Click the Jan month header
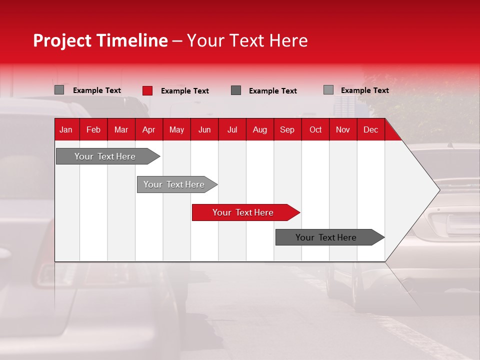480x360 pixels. pos(66,130)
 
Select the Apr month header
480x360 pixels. pos(148,130)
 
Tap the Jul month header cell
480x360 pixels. pos(232,130)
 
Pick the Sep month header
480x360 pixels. pos(287,130)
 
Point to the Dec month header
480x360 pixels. pos(370,130)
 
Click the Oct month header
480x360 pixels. pos(315,130)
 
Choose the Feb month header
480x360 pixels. pos(93,130)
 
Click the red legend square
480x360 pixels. pos(147,90)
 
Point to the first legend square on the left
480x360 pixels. pos(59,90)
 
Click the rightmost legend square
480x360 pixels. pos(328,90)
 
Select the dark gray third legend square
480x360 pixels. pos(236,90)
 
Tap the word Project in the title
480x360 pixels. pos(62,40)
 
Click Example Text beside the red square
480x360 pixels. pos(185,91)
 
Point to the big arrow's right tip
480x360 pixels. pos(438,190)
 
